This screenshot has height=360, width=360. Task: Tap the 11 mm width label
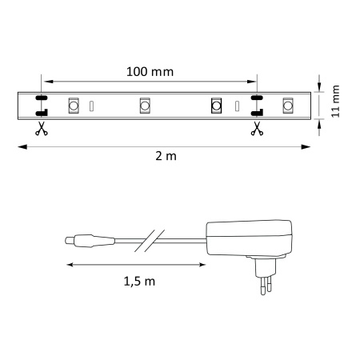(x=337, y=102)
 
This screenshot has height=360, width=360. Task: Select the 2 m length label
(x=166, y=157)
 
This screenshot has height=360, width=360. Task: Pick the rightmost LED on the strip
(x=286, y=105)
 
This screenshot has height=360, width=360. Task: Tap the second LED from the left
(x=146, y=105)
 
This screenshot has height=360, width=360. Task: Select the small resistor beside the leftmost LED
(x=92, y=106)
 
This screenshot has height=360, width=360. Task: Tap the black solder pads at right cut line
(x=257, y=105)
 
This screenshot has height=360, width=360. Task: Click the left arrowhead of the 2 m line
(x=22, y=146)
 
